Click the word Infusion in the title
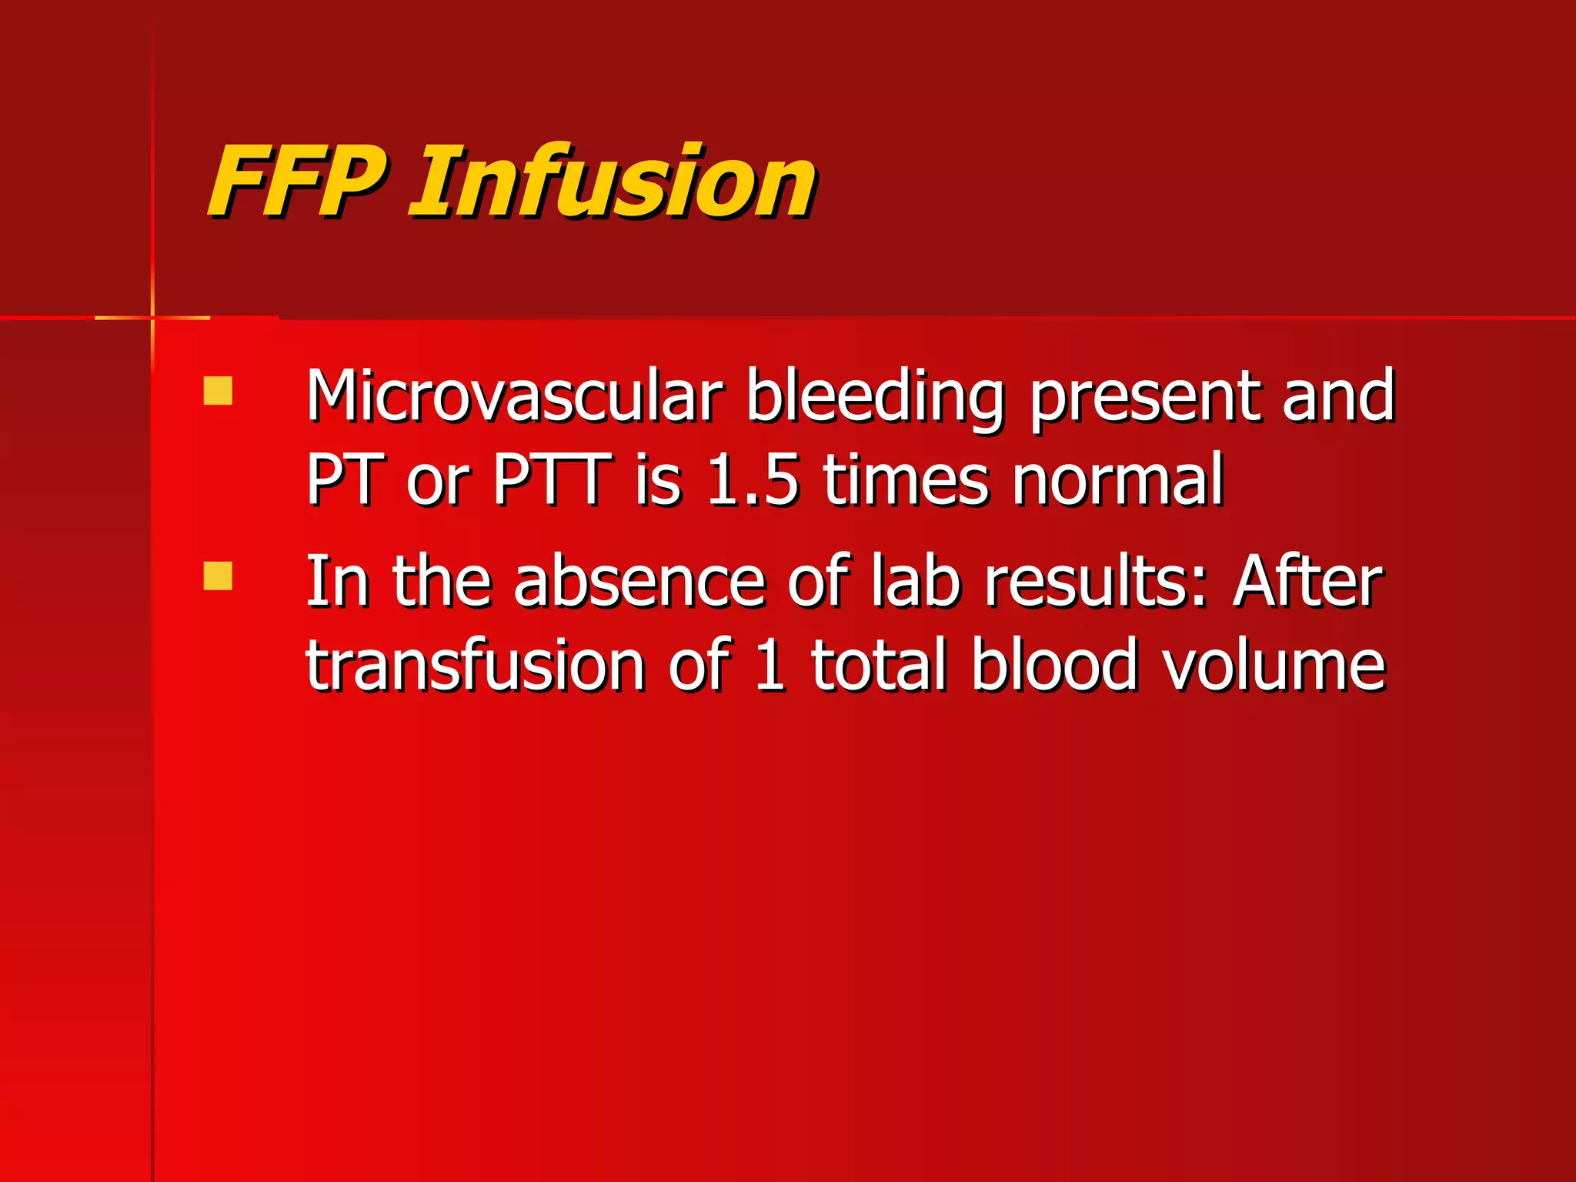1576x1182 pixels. tap(613, 182)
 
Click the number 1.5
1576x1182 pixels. tap(752, 480)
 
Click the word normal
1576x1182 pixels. tap(1117, 480)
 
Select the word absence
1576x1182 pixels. tap(639, 582)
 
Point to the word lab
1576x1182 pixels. tap(916, 582)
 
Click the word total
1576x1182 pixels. tap(878, 665)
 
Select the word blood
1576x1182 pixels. tap(1053, 665)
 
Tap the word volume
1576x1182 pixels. tap(1274, 666)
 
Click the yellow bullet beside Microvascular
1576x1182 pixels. tap(218, 390)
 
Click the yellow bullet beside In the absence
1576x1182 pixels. tap(218, 576)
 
